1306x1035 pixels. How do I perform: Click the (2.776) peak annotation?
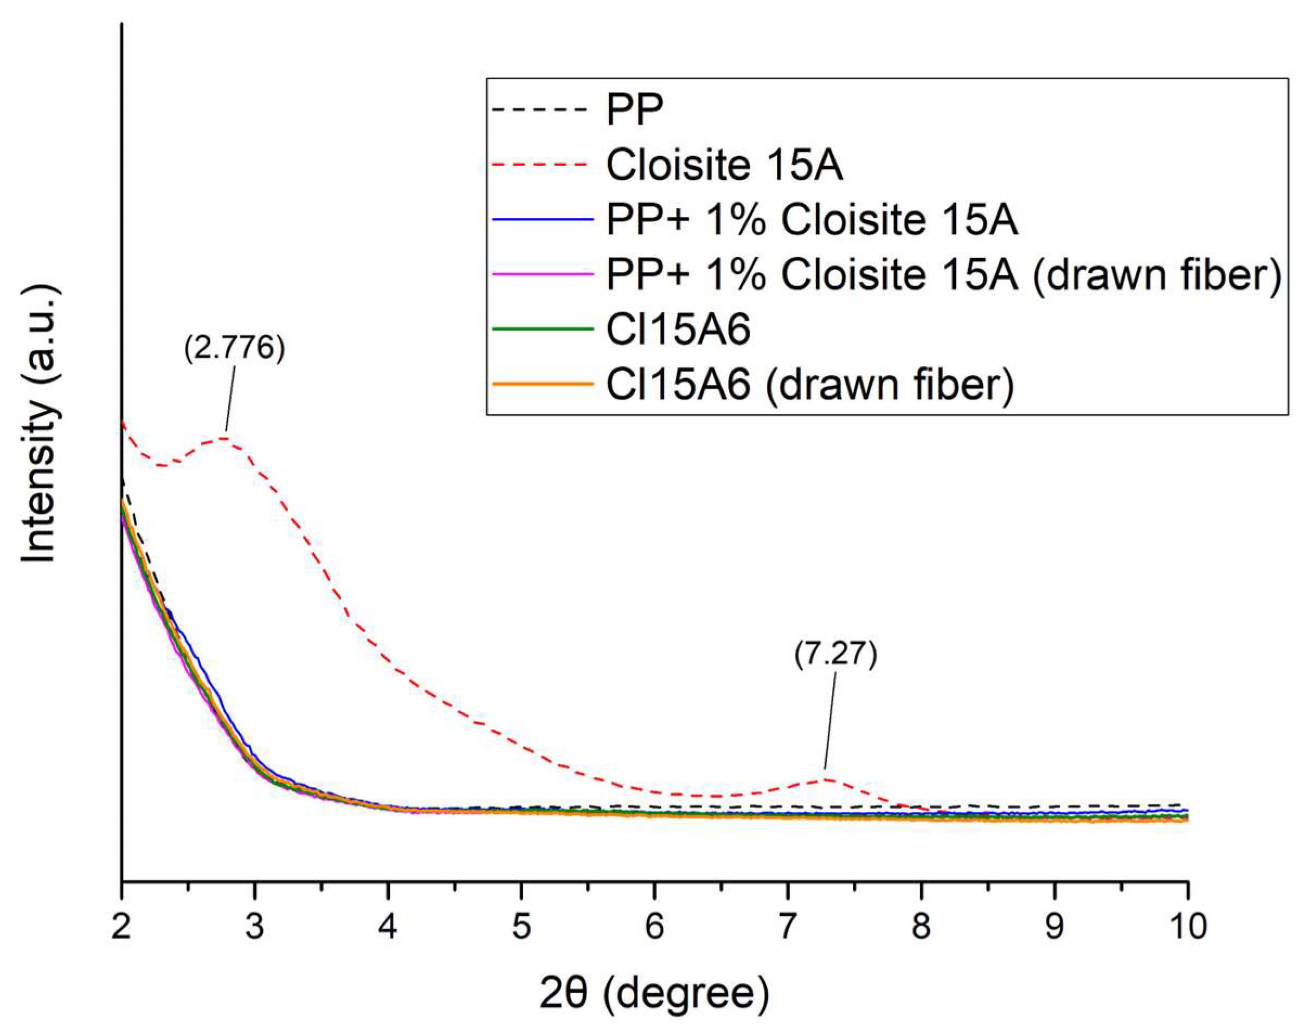point(234,349)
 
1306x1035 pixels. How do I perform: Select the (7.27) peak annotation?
point(836,655)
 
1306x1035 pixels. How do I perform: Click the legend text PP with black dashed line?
point(635,109)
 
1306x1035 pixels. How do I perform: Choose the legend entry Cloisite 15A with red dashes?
point(724,165)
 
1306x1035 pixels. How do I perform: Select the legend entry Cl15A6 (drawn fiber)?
point(810,384)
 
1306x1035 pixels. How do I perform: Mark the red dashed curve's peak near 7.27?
point(825,779)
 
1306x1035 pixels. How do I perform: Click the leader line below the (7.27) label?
point(831,721)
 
